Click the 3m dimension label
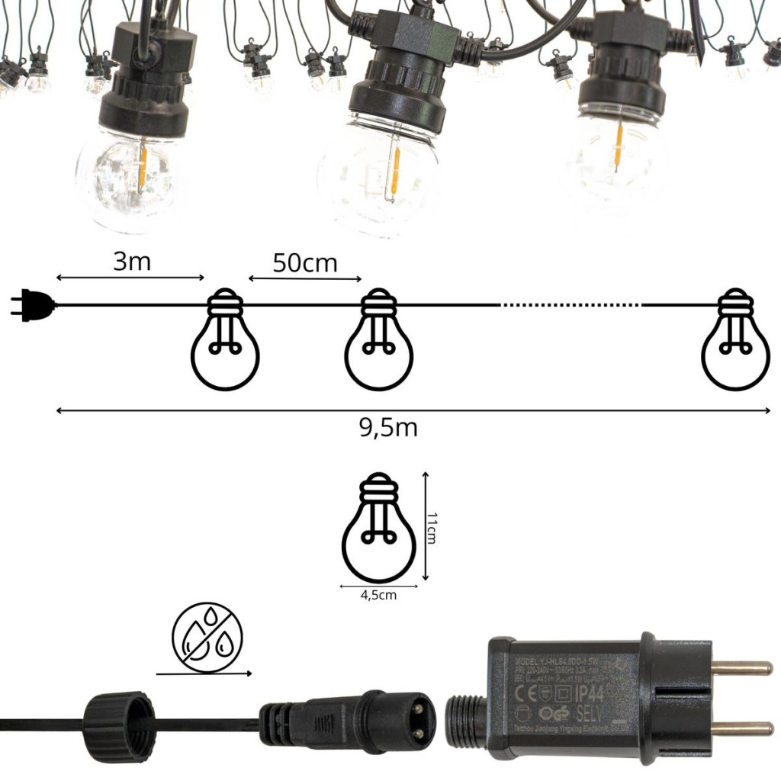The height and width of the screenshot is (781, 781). click(x=131, y=262)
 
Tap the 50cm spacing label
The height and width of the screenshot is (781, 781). click(x=305, y=263)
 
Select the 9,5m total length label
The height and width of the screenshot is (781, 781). click(x=388, y=428)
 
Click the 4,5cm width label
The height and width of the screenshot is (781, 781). click(x=378, y=596)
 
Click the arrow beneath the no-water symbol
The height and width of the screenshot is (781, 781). click(x=204, y=673)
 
